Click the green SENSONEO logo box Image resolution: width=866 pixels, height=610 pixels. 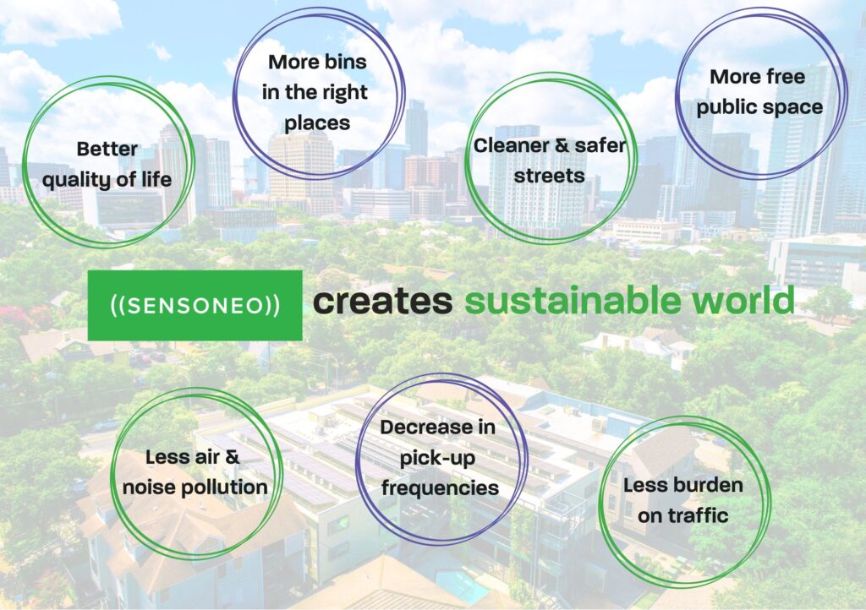click(x=195, y=305)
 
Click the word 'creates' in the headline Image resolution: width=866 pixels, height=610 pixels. click(x=383, y=301)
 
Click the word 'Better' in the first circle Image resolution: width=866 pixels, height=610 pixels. click(x=107, y=149)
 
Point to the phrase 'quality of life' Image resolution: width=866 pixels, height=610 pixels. click(x=107, y=180)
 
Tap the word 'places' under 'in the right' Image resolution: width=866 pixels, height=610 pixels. click(x=317, y=123)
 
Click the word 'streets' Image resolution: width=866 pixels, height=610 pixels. click(x=549, y=176)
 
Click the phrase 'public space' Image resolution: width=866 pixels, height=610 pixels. click(x=760, y=107)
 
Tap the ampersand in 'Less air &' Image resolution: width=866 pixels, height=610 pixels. click(x=233, y=457)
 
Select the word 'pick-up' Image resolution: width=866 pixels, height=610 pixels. click(x=437, y=458)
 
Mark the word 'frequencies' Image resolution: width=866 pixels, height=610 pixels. click(x=440, y=488)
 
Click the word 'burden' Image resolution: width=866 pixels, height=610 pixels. click(x=712, y=485)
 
